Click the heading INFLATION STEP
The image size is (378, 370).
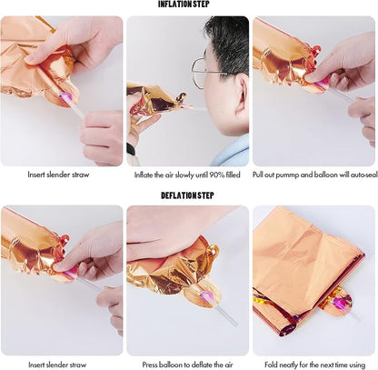(184, 5)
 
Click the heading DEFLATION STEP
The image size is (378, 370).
(187, 195)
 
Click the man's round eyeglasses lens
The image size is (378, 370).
(197, 73)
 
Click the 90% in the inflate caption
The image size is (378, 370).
(217, 175)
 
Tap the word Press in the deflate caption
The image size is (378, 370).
(150, 365)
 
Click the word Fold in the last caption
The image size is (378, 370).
(271, 365)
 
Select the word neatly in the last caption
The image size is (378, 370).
(287, 365)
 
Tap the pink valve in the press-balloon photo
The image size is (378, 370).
(206, 295)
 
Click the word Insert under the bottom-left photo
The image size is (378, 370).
(36, 365)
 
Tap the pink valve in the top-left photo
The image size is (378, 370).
(65, 97)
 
